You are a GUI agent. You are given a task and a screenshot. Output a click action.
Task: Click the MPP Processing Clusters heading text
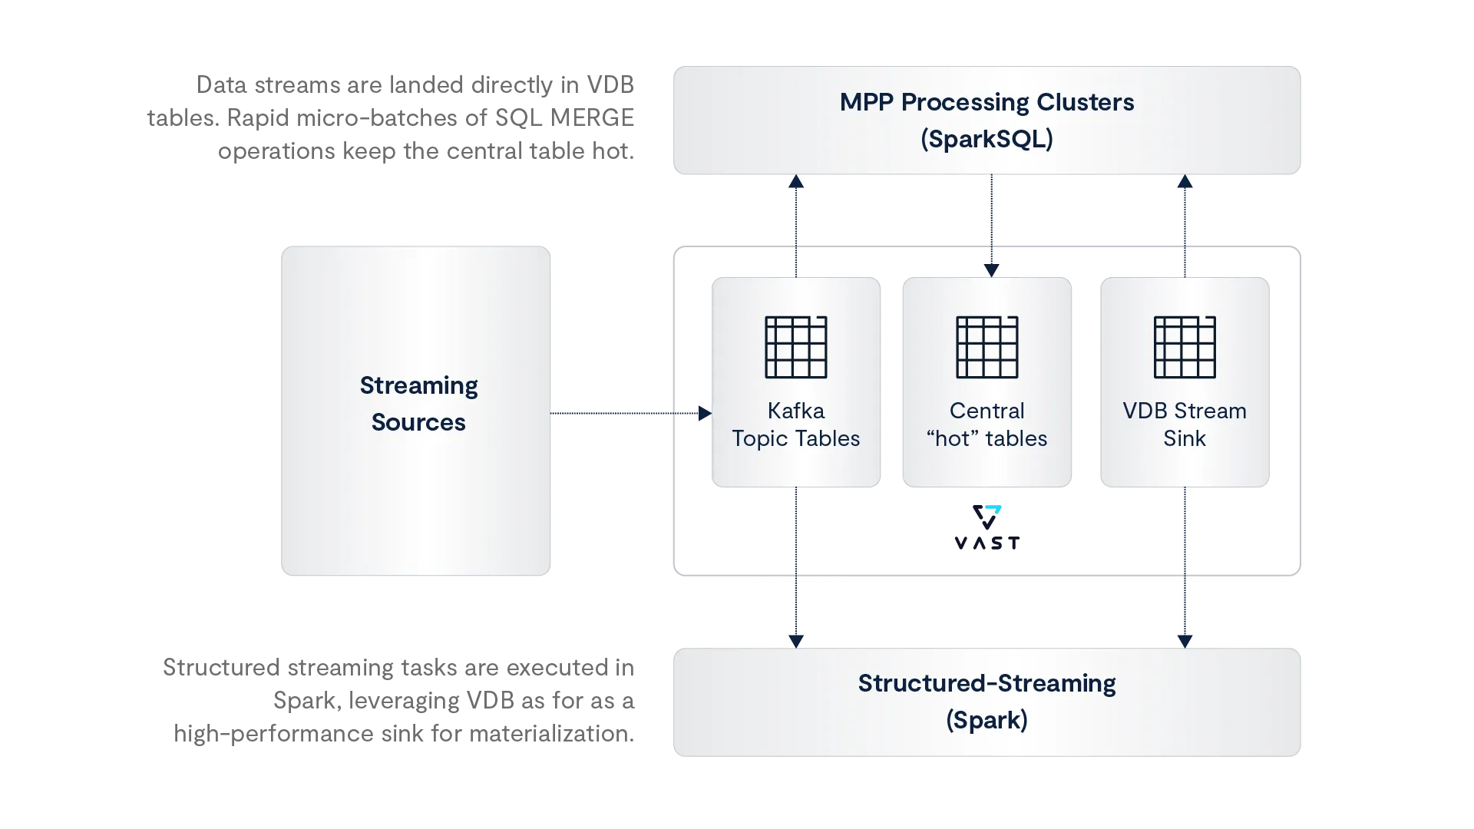coord(987,102)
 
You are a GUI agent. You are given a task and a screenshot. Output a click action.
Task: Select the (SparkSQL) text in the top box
coord(987,139)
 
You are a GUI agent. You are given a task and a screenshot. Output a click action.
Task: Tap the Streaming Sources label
coord(418,404)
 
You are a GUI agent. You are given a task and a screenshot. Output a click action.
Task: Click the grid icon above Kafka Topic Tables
coord(796,347)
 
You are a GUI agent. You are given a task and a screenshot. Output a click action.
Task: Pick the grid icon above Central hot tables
coord(987,347)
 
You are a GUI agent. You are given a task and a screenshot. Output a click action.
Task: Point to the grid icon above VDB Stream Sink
coord(1185,347)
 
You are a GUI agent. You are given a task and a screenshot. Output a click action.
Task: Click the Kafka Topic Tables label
coord(796,424)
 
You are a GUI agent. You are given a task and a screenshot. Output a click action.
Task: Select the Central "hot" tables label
coord(987,424)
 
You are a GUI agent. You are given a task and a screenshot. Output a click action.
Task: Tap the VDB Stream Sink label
coord(1185,424)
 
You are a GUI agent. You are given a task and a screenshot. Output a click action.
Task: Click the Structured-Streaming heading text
coord(987,683)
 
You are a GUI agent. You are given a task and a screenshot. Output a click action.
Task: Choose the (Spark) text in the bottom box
coord(987,720)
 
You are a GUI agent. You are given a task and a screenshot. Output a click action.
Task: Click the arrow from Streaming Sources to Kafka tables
coord(630,414)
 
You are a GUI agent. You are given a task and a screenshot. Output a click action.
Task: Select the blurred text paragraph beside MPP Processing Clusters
coord(392,117)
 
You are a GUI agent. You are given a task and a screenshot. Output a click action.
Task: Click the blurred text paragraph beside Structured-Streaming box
coord(399,700)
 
